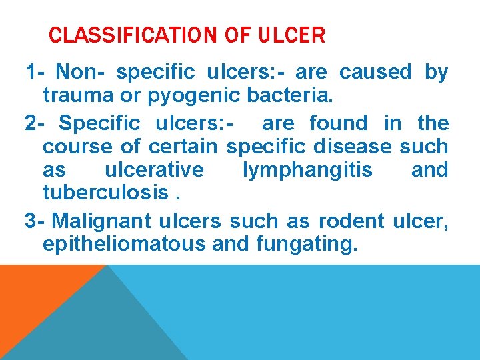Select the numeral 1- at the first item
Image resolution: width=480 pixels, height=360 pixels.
click(x=35, y=72)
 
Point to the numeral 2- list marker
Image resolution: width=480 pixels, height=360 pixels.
click(x=37, y=123)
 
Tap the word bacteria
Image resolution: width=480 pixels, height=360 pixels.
click(x=289, y=95)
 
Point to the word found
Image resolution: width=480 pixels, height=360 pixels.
click(x=339, y=123)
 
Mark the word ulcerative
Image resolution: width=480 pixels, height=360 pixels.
click(x=155, y=170)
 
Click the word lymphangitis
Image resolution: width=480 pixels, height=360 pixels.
click(x=308, y=171)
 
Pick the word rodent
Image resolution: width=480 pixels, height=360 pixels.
click(x=351, y=220)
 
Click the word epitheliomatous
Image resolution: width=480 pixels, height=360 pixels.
click(x=124, y=244)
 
